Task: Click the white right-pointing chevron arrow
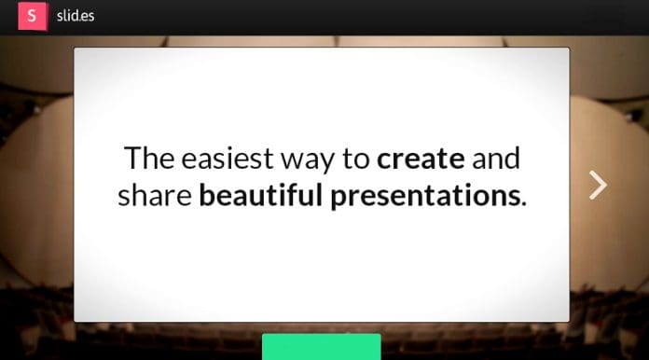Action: pyautogui.click(x=598, y=185)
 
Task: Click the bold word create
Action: pyautogui.click(x=421, y=159)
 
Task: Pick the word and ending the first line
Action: pyautogui.click(x=496, y=159)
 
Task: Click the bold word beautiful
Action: pyautogui.click(x=261, y=196)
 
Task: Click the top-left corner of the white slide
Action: pyautogui.click(x=76, y=48)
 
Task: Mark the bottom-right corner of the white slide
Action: pyautogui.click(x=568, y=320)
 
